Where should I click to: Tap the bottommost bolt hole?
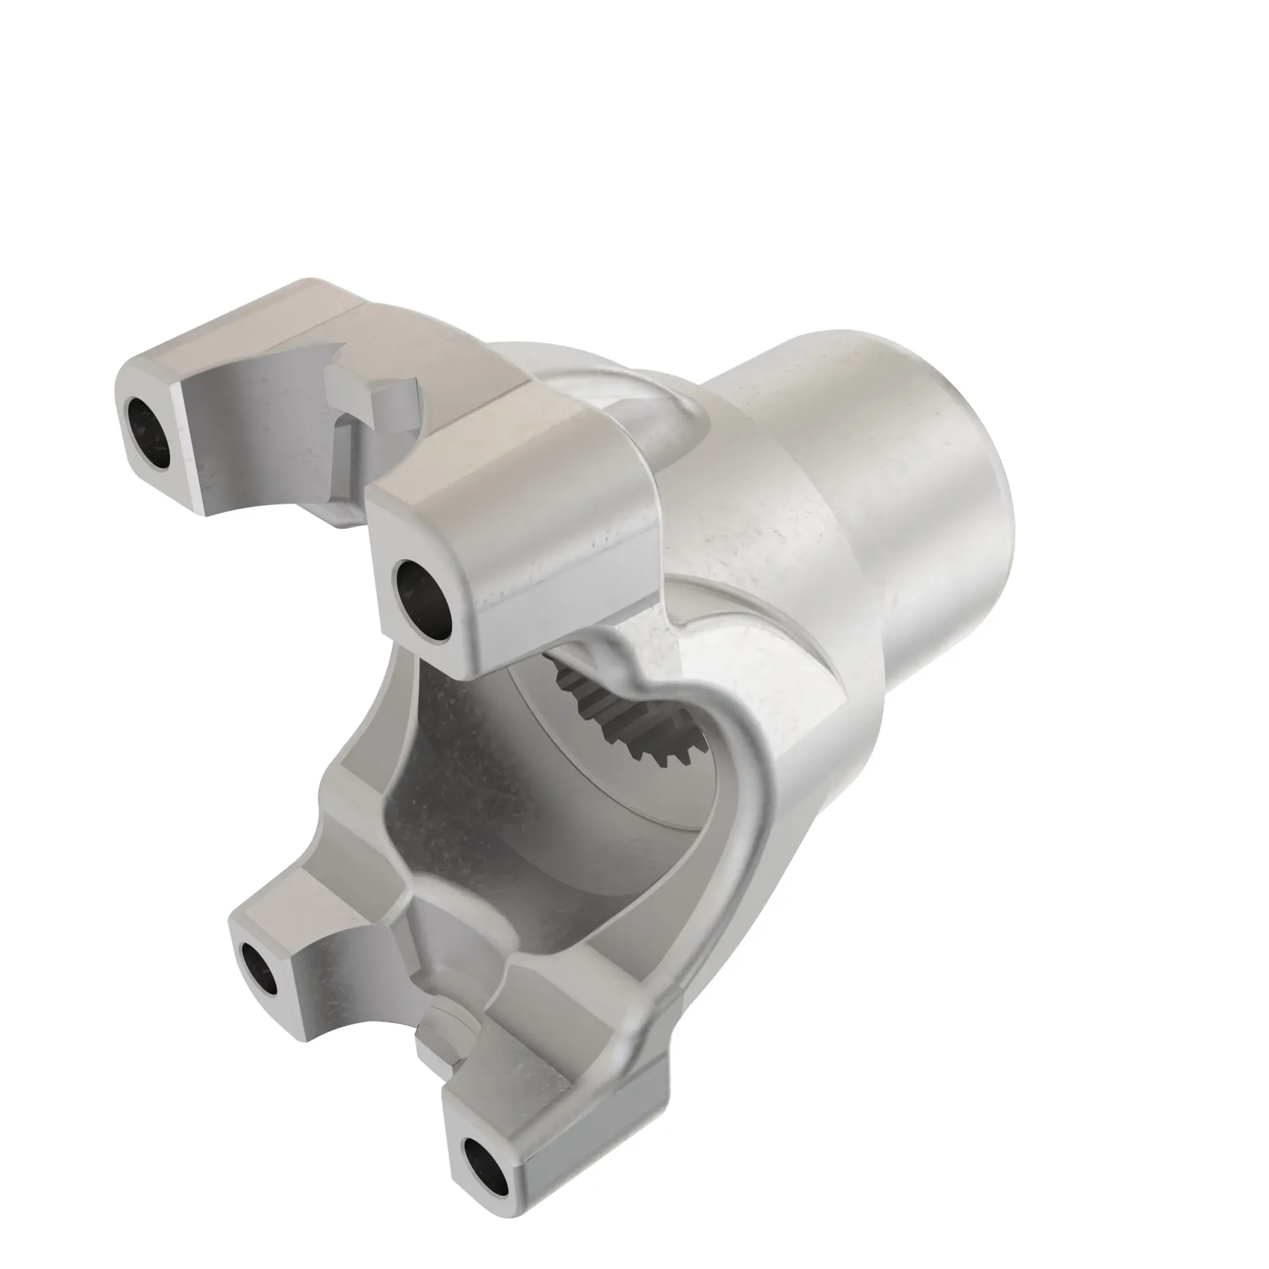click(x=485, y=1165)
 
